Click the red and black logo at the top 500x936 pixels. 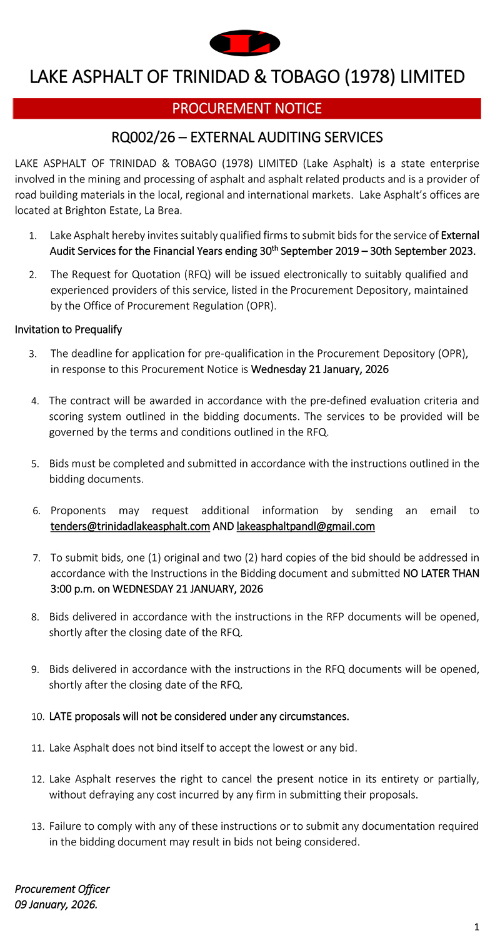245,42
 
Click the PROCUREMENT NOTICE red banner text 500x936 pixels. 247,109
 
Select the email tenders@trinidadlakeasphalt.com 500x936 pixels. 130,526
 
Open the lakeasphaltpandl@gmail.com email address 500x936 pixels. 306,526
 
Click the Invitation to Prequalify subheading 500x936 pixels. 69,329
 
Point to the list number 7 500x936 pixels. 36,557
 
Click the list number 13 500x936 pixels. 37,826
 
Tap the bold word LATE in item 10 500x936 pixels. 62,716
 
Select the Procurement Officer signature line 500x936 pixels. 62,889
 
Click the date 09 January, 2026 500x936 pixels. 56,904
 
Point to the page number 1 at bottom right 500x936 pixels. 476,925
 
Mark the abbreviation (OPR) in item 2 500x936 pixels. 261,306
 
